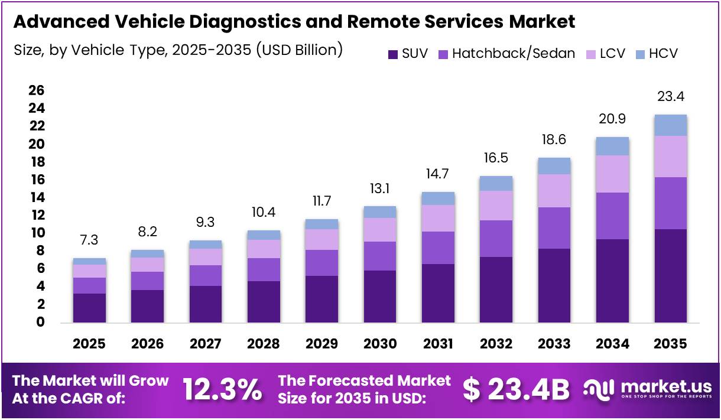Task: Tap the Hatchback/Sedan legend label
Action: [x=513, y=54]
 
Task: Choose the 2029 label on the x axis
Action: [x=321, y=344]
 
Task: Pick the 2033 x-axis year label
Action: [x=554, y=344]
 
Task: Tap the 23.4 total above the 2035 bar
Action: [x=670, y=97]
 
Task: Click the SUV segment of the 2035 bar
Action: [x=670, y=275]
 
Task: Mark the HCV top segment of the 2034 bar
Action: [x=612, y=146]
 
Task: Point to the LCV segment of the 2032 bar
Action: [x=496, y=206]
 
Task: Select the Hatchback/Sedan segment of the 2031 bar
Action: [x=438, y=248]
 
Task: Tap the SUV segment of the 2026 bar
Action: [x=147, y=306]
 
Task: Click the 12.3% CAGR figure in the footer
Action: [x=222, y=390]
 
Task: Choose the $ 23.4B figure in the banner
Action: [x=516, y=390]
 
